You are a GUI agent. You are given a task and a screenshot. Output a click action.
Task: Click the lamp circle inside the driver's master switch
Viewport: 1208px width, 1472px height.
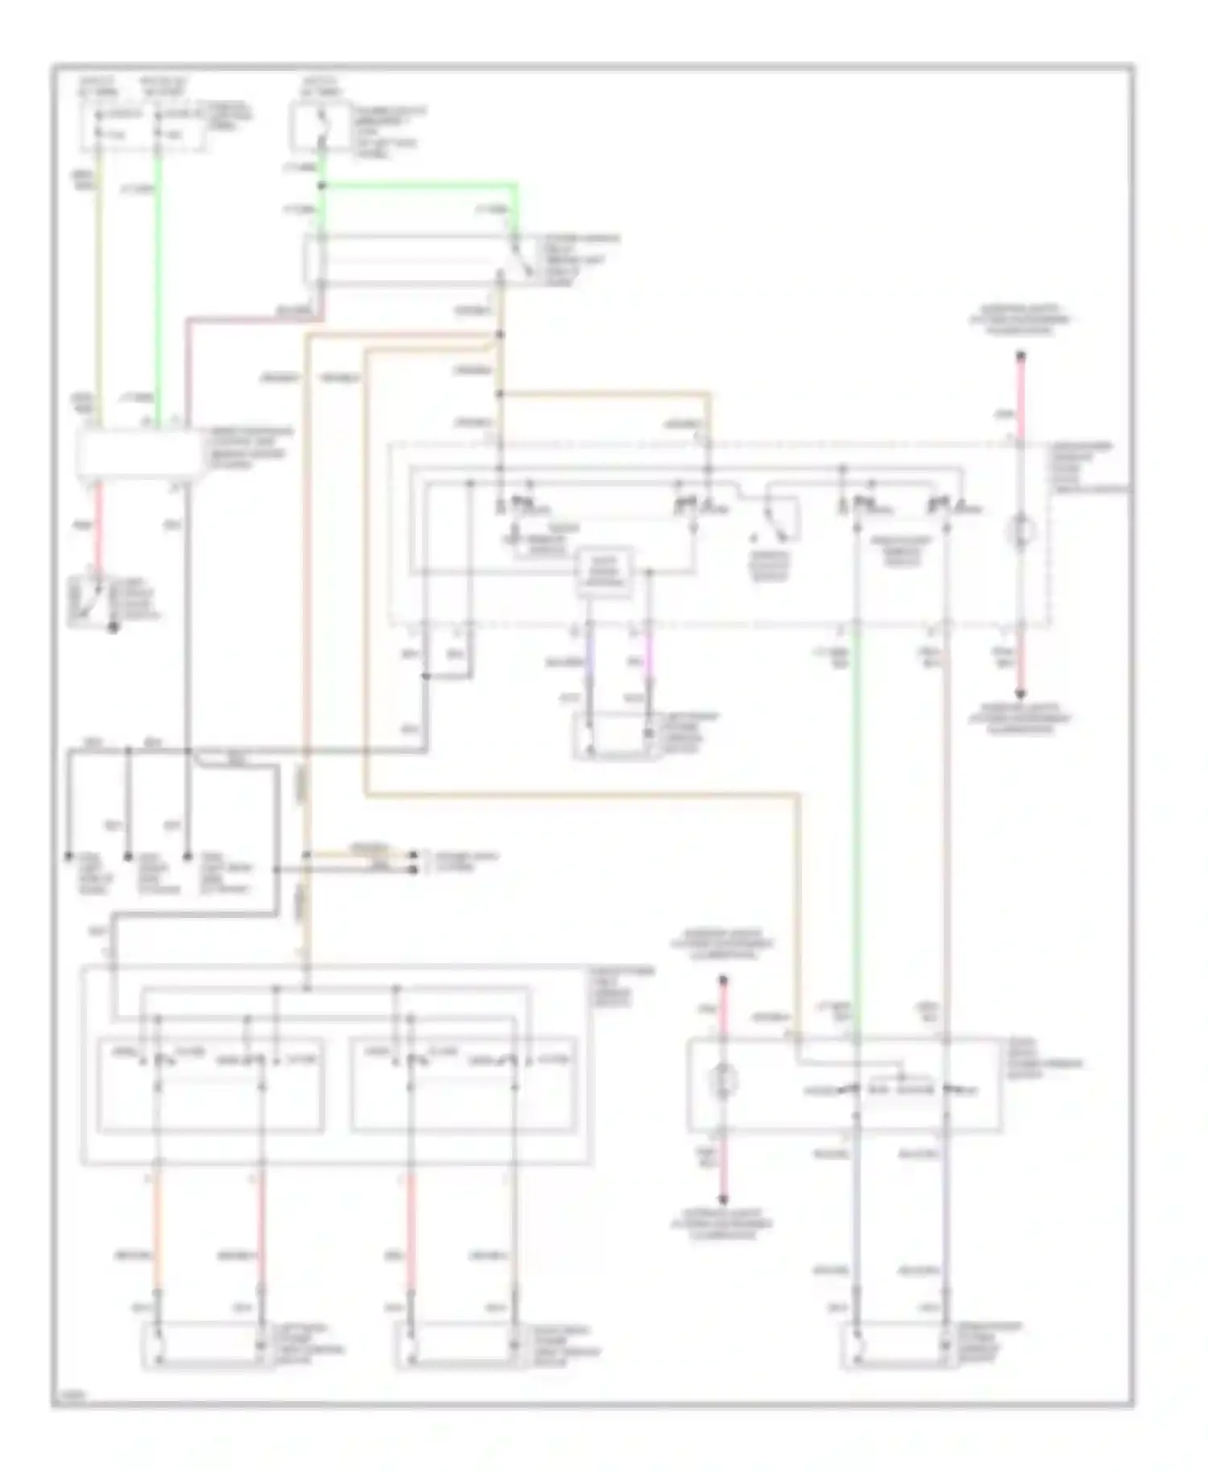(1020, 531)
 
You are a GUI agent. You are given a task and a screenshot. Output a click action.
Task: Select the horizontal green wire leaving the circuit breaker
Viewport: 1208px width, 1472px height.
(419, 185)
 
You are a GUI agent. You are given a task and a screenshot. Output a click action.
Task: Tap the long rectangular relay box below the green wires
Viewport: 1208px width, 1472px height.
(411, 260)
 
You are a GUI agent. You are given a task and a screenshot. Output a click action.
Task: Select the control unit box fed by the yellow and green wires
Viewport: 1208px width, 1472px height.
(139, 453)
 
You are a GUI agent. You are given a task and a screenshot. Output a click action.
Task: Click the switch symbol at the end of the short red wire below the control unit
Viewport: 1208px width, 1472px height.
(89, 602)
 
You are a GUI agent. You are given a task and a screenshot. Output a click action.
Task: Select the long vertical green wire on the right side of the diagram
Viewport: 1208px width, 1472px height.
(857, 829)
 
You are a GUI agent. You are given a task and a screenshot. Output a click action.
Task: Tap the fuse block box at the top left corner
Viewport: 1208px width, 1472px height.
(141, 127)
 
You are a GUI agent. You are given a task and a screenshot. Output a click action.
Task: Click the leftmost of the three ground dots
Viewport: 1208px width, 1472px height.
(69, 858)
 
